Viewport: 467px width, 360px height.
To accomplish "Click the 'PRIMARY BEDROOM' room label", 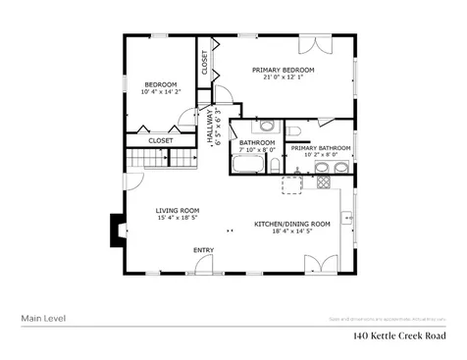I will [283, 70].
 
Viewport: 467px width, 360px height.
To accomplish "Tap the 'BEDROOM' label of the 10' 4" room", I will [160, 85].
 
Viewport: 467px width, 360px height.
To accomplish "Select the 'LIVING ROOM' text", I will [177, 210].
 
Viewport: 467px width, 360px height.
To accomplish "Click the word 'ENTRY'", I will [203, 250].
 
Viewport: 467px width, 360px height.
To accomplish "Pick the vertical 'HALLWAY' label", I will [209, 129].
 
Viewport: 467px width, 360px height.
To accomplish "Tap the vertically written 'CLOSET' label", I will [205, 62].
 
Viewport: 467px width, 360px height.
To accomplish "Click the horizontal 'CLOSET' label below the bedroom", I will [161, 140].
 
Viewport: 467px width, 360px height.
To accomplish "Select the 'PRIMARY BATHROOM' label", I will [320, 148].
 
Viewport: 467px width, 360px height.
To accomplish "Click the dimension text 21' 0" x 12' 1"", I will [283, 78].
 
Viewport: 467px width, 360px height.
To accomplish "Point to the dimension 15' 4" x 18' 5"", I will [177, 219].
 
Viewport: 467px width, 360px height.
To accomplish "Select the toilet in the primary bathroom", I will [293, 130].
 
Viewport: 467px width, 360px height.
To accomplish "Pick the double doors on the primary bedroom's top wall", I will [313, 45].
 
